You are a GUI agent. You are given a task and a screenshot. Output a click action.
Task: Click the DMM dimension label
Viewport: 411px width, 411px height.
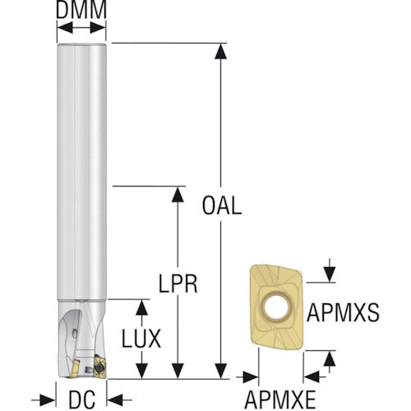[x=81, y=10]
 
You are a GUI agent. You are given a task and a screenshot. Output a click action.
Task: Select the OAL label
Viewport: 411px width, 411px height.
[x=222, y=205]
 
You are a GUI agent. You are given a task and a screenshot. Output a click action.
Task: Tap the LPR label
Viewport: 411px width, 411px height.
[x=178, y=284]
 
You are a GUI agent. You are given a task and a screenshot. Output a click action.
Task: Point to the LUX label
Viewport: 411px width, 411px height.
[x=141, y=339]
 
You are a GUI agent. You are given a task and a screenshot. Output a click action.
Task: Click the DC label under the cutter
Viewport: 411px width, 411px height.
[x=82, y=399]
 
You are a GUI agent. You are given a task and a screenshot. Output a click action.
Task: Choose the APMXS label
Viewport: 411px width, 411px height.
[x=343, y=312]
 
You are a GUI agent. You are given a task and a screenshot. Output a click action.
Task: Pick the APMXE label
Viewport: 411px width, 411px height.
[x=280, y=399]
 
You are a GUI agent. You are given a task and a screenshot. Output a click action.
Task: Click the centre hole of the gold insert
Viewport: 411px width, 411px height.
[x=277, y=306]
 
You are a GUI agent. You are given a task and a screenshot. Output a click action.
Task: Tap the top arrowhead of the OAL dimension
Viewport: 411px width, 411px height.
[x=220, y=52]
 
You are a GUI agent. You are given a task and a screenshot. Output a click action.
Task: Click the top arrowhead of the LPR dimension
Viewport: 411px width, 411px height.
[x=178, y=195]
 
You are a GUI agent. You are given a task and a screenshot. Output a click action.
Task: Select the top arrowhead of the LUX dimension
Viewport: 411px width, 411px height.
[x=141, y=307]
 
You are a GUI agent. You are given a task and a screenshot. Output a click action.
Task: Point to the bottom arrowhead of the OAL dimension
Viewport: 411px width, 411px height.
[x=220, y=371]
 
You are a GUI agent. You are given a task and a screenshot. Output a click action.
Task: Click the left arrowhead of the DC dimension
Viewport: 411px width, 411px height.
[x=48, y=400]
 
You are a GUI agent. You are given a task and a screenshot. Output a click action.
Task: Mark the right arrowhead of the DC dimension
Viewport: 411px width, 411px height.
[x=115, y=400]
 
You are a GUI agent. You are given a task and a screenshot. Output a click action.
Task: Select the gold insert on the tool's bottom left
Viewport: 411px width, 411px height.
[x=74, y=369]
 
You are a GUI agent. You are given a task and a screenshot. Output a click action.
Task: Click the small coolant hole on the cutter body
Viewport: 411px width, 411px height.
[x=75, y=333]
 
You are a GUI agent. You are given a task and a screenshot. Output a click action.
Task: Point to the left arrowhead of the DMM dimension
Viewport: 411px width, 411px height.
[x=65, y=28]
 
